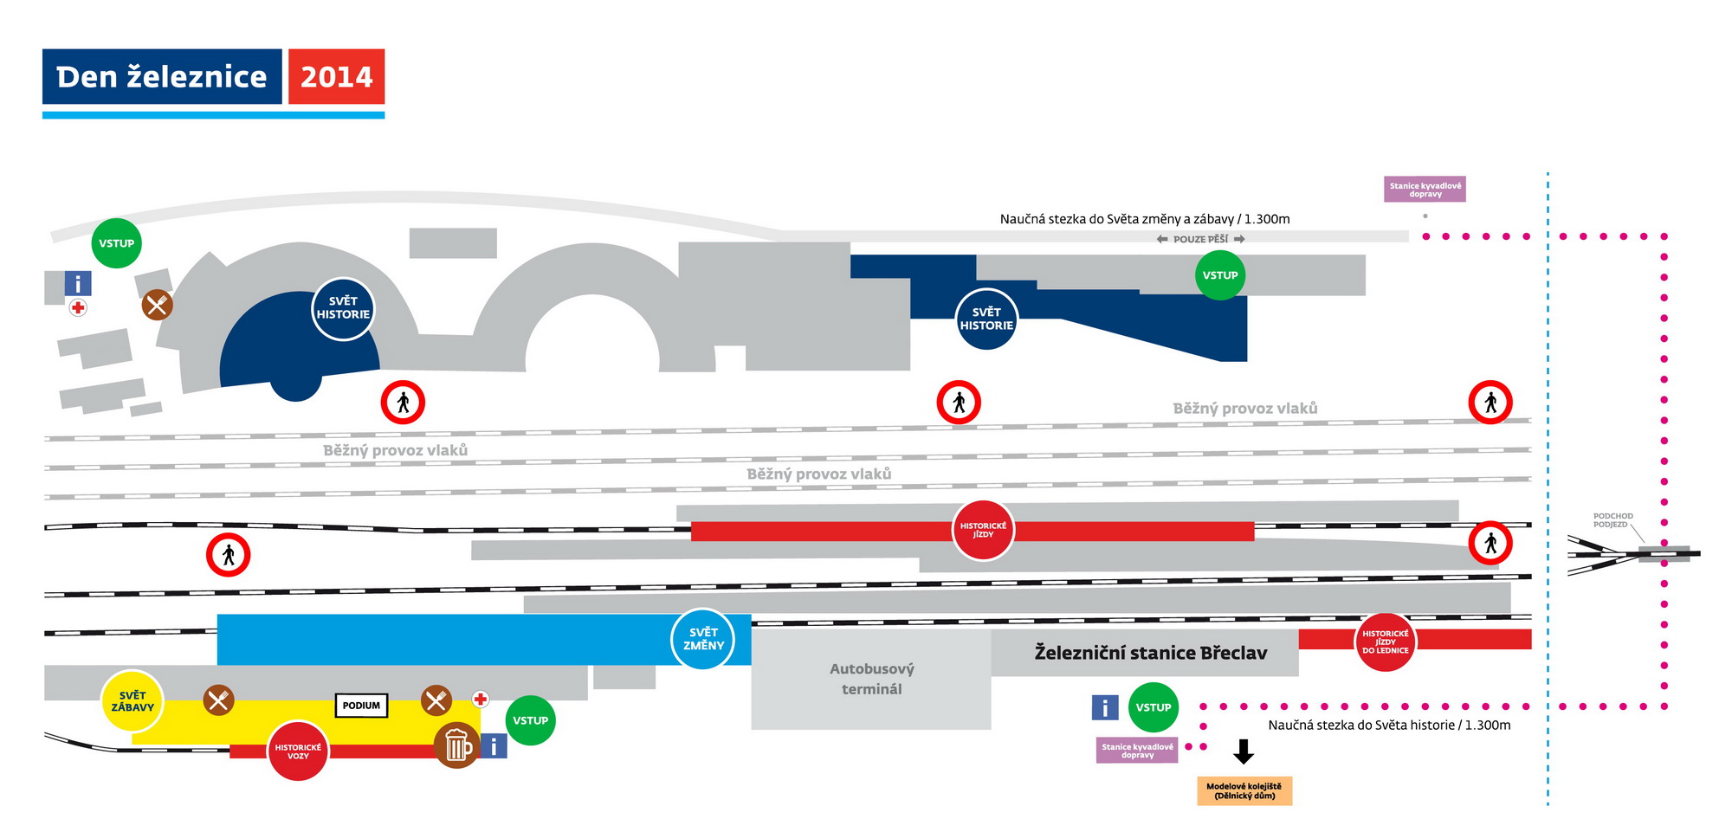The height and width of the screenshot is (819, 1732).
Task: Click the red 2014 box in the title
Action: point(336,77)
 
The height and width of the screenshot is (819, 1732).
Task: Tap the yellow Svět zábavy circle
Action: point(132,701)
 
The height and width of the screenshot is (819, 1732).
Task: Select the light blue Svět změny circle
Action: point(703,639)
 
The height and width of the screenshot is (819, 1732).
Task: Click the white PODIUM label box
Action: point(361,706)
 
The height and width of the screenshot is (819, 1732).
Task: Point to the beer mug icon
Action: point(456,745)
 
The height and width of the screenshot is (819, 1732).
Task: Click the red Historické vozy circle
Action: point(298,751)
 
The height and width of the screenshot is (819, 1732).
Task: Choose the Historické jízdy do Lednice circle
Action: point(1385,642)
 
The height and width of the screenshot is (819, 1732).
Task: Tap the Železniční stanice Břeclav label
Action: point(1150,653)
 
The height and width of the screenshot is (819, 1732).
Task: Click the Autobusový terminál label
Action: point(871,679)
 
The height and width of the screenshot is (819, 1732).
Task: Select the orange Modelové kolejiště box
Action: point(1244,790)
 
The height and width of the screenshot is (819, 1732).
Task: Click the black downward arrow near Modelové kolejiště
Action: point(1244,751)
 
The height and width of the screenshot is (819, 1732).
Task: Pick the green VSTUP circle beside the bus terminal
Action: point(1154,707)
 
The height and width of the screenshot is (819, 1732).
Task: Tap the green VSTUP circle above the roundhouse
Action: point(116,243)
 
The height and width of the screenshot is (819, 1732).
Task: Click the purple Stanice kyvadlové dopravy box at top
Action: point(1425,190)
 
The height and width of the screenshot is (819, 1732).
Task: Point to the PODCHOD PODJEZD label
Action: point(1612,520)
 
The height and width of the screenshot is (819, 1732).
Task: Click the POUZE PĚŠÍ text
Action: point(1200,239)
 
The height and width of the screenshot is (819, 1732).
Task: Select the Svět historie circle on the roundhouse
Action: point(343,308)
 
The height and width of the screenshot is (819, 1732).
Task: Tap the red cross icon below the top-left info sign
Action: point(78,307)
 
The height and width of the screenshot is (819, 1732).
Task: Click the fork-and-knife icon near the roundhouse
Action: point(157,305)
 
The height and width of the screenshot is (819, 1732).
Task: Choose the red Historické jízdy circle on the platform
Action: point(983,530)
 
